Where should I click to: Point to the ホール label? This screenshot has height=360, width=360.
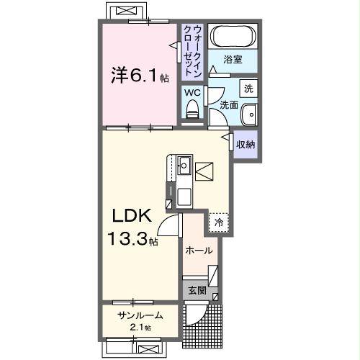[198, 251]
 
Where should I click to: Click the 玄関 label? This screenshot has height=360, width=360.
[197, 292]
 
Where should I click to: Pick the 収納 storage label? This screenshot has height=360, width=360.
[246, 144]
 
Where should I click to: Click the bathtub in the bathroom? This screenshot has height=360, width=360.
[233, 36]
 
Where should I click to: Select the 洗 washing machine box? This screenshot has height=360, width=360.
[248, 89]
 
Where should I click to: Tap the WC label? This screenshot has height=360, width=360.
[192, 92]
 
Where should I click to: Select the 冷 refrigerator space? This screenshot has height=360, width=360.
[217, 223]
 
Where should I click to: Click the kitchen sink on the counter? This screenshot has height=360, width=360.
[184, 166]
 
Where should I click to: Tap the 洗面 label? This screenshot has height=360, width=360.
[228, 105]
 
